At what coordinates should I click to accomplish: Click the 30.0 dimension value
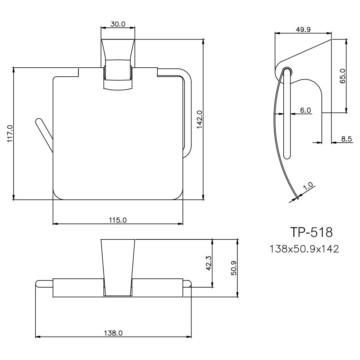click(118, 24)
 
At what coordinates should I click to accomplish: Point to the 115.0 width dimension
click(118, 220)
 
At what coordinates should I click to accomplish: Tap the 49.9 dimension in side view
click(303, 30)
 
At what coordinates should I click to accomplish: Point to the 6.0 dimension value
click(305, 110)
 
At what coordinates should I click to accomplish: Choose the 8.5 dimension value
click(346, 139)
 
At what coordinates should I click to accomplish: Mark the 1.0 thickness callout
click(308, 187)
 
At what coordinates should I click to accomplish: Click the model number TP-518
click(311, 232)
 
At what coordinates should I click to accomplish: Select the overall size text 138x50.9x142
click(304, 248)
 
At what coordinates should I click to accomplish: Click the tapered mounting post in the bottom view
click(118, 266)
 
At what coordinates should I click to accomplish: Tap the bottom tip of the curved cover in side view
click(297, 197)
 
